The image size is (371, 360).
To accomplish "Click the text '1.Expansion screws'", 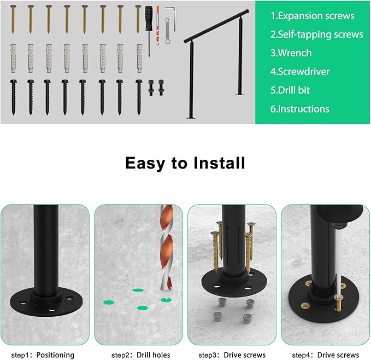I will [x=313, y=16].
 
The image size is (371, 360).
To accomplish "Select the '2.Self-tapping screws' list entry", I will [x=317, y=34].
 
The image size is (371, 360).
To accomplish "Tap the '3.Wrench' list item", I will [x=291, y=53].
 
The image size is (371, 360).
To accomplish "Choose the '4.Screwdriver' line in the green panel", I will [x=300, y=72].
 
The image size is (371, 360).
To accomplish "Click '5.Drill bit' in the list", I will [x=298, y=90].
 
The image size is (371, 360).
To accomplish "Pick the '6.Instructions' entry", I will [x=300, y=109].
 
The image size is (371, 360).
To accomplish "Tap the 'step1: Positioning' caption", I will [x=43, y=355].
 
